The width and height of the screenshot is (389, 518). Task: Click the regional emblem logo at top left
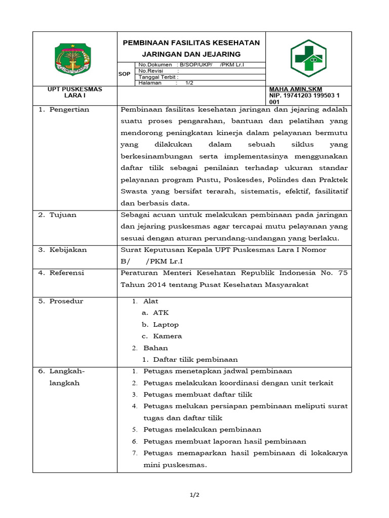pyautogui.click(x=74, y=59)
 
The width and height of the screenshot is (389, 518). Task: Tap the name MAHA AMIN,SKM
pyautogui.click(x=295, y=89)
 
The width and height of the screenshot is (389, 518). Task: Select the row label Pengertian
pyautogui.click(x=69, y=109)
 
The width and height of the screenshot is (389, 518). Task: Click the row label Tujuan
pyautogui.click(x=63, y=214)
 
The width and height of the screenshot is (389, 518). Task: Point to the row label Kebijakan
pyautogui.click(x=68, y=249)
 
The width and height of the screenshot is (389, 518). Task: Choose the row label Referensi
pyautogui.click(x=66, y=273)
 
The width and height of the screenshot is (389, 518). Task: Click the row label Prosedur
pyautogui.click(x=66, y=301)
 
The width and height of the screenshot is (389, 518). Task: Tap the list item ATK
pyautogui.click(x=161, y=313)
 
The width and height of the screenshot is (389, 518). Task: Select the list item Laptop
pyautogui.click(x=166, y=324)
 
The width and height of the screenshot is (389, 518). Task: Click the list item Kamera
pyautogui.click(x=167, y=336)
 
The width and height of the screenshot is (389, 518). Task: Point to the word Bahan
pyautogui.click(x=155, y=348)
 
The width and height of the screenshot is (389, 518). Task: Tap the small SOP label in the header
pyautogui.click(x=124, y=74)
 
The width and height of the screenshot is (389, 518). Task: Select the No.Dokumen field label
pyautogui.click(x=155, y=65)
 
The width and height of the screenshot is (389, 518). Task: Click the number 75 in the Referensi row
pyautogui.click(x=342, y=273)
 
